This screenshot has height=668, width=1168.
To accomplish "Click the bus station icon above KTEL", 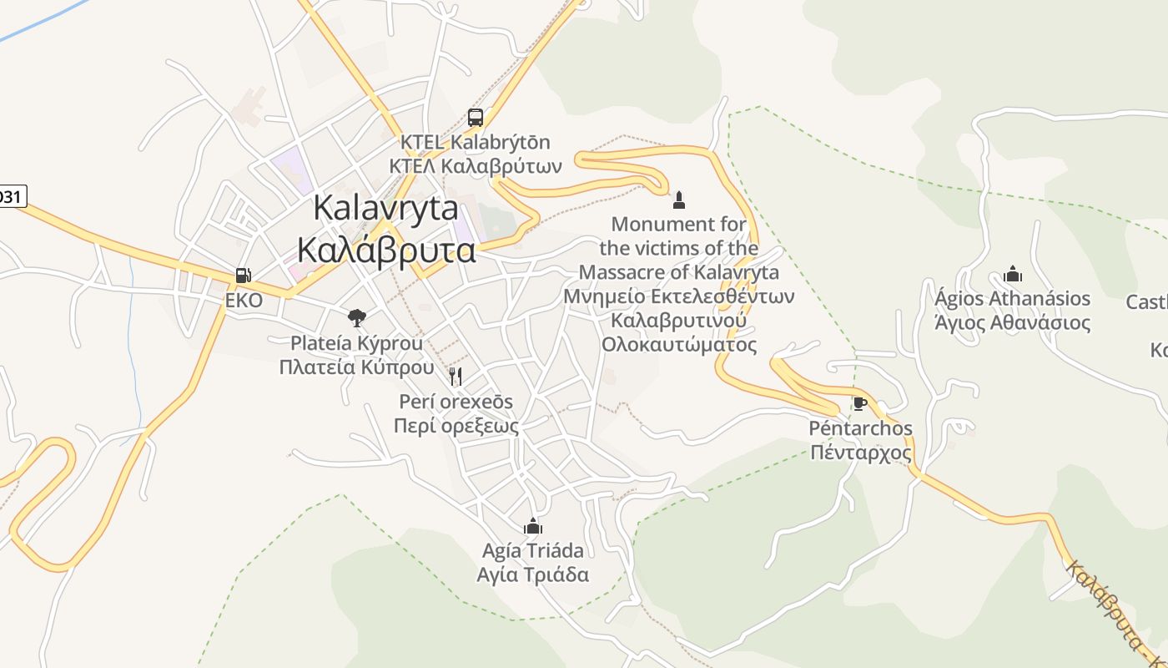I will [x=475, y=118].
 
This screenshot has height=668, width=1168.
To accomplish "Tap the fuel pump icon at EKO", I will [x=243, y=275].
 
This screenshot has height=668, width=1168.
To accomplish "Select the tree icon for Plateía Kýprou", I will [x=357, y=317].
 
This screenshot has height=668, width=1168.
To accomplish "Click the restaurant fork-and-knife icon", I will [x=456, y=377].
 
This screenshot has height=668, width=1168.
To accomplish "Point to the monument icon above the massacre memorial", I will [x=679, y=200].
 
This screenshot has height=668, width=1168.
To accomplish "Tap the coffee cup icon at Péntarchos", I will [x=860, y=404].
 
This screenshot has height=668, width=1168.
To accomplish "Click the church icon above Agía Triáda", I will [x=533, y=526].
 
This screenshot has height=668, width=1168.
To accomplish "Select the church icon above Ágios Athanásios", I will [x=1013, y=274].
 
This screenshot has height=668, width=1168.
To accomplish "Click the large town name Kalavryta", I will [x=385, y=209].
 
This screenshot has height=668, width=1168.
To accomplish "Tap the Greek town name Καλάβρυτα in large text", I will [x=386, y=250].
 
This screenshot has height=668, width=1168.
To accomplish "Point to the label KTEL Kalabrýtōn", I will [x=476, y=142].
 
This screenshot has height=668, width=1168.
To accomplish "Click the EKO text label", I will [x=244, y=301].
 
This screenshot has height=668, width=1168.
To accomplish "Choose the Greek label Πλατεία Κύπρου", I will [x=357, y=367].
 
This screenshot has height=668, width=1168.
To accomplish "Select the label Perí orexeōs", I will [x=456, y=402].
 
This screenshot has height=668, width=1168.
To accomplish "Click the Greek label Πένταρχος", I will [x=861, y=453].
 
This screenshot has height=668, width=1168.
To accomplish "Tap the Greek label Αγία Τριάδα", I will [x=533, y=574].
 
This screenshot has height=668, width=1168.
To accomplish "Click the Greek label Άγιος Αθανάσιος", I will [x=1013, y=323].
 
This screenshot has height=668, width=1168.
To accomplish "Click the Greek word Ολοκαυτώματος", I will [x=679, y=345].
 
